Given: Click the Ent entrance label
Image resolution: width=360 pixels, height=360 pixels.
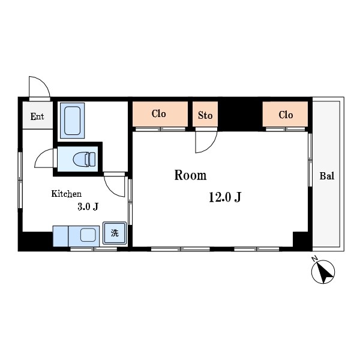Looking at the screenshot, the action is [x=37, y=116].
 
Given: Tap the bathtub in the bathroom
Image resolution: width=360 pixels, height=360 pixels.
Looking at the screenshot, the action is [x=73, y=121].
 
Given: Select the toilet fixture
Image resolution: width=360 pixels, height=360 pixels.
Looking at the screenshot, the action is [x=84, y=159].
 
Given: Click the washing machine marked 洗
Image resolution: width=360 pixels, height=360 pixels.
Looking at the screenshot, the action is [x=115, y=233].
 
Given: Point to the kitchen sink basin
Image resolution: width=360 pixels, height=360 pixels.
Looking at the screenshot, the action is [x=88, y=235].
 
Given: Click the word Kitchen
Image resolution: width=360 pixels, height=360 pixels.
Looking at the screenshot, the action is [x=67, y=194].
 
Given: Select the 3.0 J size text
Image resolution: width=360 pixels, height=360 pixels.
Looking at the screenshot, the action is [x=88, y=206].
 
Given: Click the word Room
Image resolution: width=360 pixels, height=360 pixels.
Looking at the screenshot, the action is [x=190, y=175].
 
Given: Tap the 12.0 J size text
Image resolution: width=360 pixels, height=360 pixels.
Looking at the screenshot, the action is [x=225, y=197].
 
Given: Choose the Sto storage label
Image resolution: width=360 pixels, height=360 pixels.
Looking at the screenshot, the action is [x=205, y=115].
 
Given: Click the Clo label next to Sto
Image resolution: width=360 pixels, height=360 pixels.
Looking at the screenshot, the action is [x=158, y=113].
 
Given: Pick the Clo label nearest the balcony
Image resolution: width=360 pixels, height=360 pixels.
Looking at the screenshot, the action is [x=286, y=115].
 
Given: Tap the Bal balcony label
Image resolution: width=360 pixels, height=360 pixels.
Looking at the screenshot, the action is [x=327, y=176].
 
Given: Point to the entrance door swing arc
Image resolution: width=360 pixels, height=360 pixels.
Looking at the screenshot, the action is [x=44, y=82].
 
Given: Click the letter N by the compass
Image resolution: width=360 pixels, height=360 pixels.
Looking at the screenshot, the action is [x=314, y=259].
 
